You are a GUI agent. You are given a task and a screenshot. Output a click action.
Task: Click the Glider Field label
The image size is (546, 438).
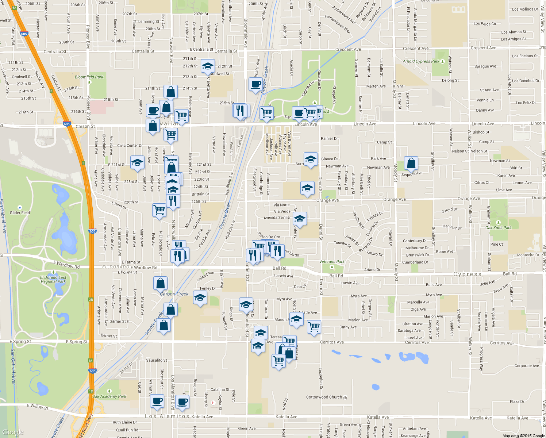(x=20, y=212)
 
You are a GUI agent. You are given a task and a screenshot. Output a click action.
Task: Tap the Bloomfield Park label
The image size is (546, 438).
(x=89, y=77)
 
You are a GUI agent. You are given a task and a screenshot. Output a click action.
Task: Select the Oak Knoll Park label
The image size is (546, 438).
(x=498, y=227)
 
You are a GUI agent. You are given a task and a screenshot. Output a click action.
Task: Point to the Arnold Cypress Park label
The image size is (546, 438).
(x=421, y=61)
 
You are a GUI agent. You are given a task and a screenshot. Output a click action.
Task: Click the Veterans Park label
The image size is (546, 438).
(x=332, y=262)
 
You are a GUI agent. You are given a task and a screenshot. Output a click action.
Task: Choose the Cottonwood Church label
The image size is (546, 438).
(x=324, y=397)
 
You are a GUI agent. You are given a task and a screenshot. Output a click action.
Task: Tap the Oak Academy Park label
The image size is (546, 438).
(x=109, y=396)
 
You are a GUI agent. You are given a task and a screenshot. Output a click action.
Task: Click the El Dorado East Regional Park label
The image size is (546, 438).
(x=53, y=279)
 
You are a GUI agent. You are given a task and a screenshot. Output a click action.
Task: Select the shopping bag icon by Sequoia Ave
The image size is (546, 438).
(x=411, y=163)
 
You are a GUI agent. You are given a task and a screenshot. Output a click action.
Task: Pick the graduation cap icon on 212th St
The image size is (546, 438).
(x=208, y=66)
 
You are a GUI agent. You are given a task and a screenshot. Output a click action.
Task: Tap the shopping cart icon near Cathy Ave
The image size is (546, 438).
(x=314, y=326)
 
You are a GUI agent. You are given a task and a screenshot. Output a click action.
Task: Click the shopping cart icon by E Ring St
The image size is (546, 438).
(x=159, y=210)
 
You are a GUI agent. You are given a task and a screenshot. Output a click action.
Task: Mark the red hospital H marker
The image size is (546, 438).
(x=213, y=403)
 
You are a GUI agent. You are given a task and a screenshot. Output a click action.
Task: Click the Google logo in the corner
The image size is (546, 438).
(x=13, y=432)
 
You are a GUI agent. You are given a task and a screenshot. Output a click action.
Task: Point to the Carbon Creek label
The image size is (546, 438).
(x=174, y=294)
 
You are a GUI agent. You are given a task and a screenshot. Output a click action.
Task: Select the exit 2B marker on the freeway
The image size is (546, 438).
(x=91, y=300)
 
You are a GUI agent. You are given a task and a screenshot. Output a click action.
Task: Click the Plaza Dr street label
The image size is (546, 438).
(x=517, y=401)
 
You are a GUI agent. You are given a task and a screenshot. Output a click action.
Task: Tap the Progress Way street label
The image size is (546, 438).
(x=481, y=359)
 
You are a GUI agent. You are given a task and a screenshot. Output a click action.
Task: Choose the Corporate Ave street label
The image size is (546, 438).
(x=526, y=366)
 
